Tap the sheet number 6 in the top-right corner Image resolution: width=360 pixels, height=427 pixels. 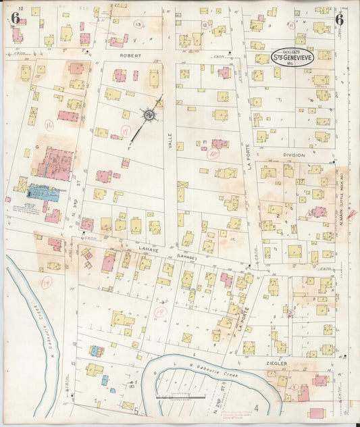coord(339,18)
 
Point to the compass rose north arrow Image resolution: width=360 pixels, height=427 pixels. coord(147,116)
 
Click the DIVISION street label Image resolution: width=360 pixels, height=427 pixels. coord(294,155)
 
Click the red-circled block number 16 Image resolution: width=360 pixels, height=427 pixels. coord(49,125)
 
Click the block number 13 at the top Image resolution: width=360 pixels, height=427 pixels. coord(138,25)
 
